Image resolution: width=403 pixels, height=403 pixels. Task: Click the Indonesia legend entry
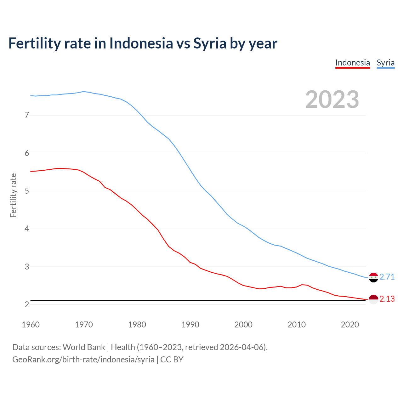click(353, 63)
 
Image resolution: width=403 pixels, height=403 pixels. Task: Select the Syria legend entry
click(386, 63)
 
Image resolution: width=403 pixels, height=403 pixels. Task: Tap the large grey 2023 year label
click(332, 99)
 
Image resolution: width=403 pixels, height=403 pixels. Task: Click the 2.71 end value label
click(387, 277)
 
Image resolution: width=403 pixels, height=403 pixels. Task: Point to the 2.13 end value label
click(387, 299)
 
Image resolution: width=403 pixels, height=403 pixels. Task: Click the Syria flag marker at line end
click(373, 277)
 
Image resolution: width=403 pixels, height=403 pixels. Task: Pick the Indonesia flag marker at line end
click(373, 299)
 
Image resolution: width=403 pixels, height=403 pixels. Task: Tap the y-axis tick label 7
click(27, 115)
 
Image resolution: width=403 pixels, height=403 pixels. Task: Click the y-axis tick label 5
click(27, 191)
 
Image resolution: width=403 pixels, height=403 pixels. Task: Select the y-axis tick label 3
click(27, 267)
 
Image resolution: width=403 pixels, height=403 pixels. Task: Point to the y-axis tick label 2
click(27, 304)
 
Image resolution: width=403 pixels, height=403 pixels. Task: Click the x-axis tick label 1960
click(31, 325)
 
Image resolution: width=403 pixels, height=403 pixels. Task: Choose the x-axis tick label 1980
click(137, 325)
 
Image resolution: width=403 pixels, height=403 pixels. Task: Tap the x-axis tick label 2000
click(243, 325)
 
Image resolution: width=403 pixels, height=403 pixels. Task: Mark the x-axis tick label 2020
click(350, 325)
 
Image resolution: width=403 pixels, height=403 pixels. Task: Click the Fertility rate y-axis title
click(13, 195)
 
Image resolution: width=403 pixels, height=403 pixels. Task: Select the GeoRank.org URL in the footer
click(83, 360)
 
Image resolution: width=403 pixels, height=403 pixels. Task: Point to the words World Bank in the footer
click(84, 347)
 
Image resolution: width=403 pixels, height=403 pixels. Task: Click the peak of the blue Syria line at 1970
click(83, 91)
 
